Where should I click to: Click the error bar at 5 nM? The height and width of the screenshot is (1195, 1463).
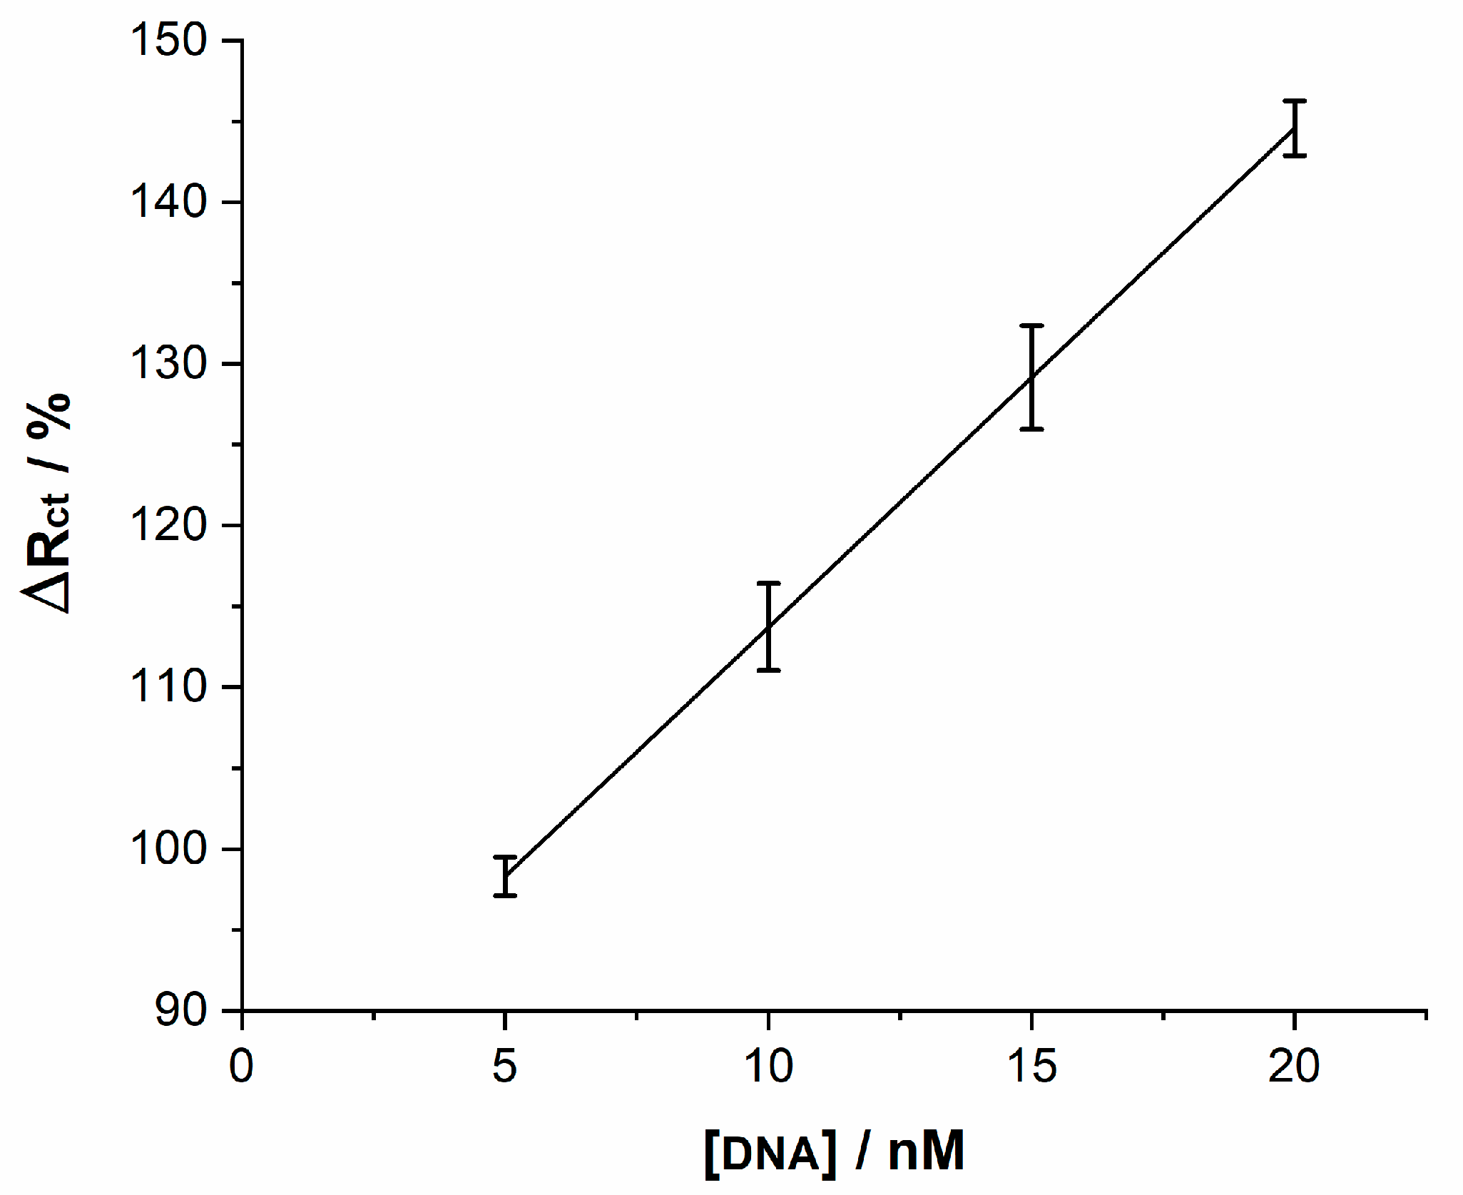[x=505, y=875]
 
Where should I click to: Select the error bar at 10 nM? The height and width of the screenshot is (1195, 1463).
[x=768, y=626]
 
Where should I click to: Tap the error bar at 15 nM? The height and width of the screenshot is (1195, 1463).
[x=1031, y=377]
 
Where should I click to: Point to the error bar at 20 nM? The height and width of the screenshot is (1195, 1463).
[x=1294, y=128]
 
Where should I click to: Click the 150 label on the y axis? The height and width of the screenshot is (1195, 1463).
[x=168, y=40]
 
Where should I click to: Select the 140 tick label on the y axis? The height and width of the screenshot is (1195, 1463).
[x=168, y=202]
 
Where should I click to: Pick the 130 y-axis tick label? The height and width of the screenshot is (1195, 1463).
[x=168, y=364]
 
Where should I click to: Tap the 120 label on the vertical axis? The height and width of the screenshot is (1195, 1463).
[x=168, y=526]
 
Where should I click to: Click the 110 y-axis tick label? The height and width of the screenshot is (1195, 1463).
[x=168, y=687]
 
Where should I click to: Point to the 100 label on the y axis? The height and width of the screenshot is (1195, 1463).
[x=168, y=849]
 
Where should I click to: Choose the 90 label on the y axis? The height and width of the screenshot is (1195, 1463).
[x=181, y=1011]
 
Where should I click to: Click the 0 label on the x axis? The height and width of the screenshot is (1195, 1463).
[x=242, y=1067]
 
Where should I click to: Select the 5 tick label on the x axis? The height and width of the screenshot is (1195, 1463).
[x=504, y=1067]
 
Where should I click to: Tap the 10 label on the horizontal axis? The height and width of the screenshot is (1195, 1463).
[x=768, y=1067]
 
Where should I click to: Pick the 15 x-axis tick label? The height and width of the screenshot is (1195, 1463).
[x=1031, y=1067]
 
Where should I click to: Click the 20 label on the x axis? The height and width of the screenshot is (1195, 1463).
[x=1294, y=1067]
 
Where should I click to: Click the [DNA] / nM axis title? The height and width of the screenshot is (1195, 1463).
[x=834, y=1151]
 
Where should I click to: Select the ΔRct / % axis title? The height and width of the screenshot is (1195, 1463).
[x=49, y=503]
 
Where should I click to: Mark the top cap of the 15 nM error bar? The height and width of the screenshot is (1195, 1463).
[x=1031, y=325]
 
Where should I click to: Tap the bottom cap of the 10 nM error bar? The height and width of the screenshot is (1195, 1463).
[x=768, y=670]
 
